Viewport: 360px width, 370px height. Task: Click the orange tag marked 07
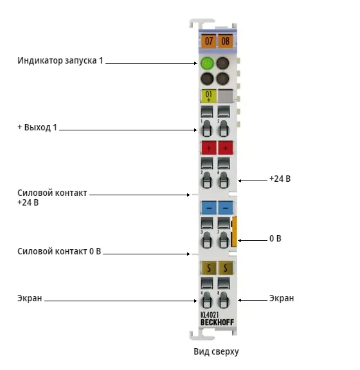tap(208, 41)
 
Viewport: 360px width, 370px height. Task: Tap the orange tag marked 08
tap(225, 41)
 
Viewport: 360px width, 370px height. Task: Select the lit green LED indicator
tap(207, 63)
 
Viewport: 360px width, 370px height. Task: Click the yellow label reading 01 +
tap(208, 96)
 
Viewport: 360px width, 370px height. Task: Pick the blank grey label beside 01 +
tap(226, 96)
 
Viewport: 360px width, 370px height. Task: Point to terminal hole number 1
tap(207, 128)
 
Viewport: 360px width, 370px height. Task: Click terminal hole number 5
tap(224, 128)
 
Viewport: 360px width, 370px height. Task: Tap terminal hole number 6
tap(224, 181)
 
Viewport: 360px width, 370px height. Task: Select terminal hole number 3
tap(207, 240)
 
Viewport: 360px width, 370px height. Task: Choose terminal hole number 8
tap(224, 300)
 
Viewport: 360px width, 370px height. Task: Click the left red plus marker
tap(208, 148)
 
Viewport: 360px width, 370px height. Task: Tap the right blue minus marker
tap(226, 207)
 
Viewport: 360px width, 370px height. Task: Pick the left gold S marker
tap(208, 268)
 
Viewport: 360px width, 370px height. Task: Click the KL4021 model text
tap(210, 315)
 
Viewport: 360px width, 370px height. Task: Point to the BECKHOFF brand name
tap(217, 322)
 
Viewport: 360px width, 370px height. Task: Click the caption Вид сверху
tap(216, 351)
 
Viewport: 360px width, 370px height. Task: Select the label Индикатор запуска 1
tap(60, 60)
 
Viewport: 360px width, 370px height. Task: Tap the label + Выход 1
tap(37, 127)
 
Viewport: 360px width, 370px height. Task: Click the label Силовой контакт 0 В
tap(59, 251)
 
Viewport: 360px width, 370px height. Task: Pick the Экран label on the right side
tap(282, 298)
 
